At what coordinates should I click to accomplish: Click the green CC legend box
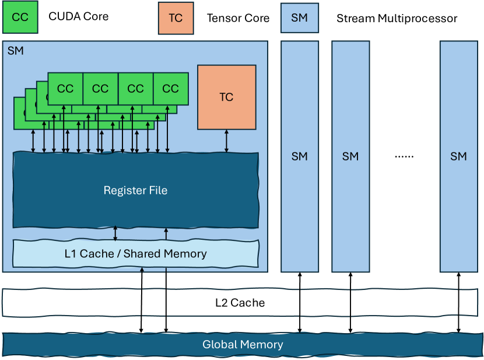[20, 18]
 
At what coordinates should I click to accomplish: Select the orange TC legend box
[176, 18]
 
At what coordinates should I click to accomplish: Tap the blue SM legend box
[299, 18]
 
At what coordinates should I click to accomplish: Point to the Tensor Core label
[238, 18]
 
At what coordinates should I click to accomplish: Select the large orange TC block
[226, 97]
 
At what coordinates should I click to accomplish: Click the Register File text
[135, 190]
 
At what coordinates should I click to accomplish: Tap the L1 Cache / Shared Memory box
[135, 254]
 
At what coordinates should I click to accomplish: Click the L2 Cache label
[239, 303]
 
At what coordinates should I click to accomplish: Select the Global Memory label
[243, 344]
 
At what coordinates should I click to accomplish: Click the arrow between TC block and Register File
[227, 141]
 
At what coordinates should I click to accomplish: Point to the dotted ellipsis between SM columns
[404, 156]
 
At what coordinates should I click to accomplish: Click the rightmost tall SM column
[459, 156]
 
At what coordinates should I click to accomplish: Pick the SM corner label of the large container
[16, 51]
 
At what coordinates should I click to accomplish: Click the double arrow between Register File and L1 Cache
[115, 233]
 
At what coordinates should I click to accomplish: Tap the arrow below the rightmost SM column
[459, 303]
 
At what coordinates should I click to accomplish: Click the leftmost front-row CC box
[65, 89]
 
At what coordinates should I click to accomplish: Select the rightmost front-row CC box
[170, 89]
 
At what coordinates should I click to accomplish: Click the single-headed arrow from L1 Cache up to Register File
[166, 233]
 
